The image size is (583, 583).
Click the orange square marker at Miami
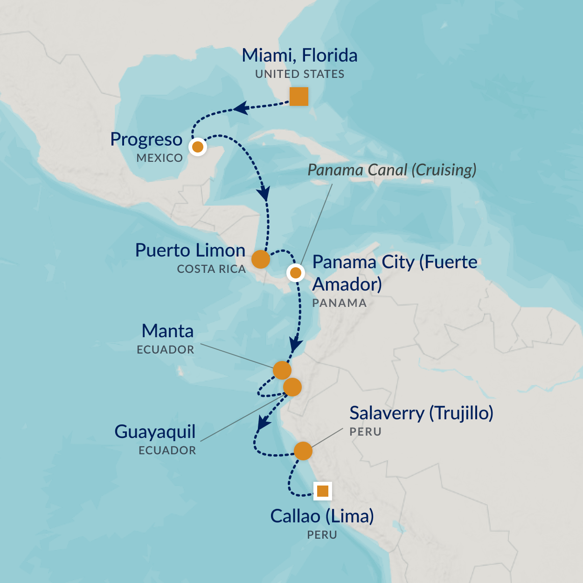pyautogui.click(x=298, y=97)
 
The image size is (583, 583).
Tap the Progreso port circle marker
pyautogui.click(x=198, y=147)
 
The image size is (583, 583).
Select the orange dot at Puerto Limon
pyautogui.click(x=260, y=259)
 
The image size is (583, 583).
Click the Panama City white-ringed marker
pyautogui.click(x=296, y=272)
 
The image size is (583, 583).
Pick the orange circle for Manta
pyautogui.click(x=282, y=370)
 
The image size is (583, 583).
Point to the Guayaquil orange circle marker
pyautogui.click(x=292, y=387)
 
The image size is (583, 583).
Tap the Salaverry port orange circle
pyautogui.click(x=303, y=451)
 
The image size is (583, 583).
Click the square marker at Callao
pyautogui.click(x=322, y=491)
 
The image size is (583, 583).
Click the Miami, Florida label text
pyautogui.click(x=299, y=56)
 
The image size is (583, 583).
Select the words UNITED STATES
pyautogui.click(x=299, y=74)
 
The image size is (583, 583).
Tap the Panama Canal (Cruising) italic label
pyautogui.click(x=392, y=170)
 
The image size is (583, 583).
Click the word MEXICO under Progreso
pyautogui.click(x=160, y=158)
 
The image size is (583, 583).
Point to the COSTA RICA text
pyautogui.click(x=211, y=269)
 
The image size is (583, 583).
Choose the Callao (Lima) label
pyautogui.click(x=322, y=516)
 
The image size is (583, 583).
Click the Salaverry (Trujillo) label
pyautogui.click(x=421, y=413)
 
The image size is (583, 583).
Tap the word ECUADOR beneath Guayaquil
pyautogui.click(x=167, y=451)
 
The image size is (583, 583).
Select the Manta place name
pyautogui.click(x=167, y=331)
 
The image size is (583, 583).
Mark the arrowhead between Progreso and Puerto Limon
pyautogui.click(x=264, y=193)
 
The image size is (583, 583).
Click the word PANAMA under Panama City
pyautogui.click(x=339, y=303)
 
